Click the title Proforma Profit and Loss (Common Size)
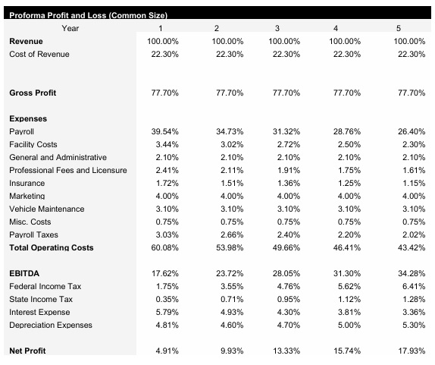pyautogui.click(x=88, y=15)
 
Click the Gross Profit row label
pyautogui.click(x=33, y=93)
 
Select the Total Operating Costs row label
pyautogui.click(x=51, y=247)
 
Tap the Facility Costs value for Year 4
pyautogui.click(x=346, y=144)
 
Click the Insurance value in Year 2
pyautogui.click(x=227, y=183)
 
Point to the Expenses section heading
pyautogui.click(x=28, y=118)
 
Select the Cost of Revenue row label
pyautogui.click(x=39, y=54)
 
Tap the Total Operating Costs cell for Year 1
pyautogui.click(x=163, y=247)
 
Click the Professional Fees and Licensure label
pyautogui.click(x=68, y=170)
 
